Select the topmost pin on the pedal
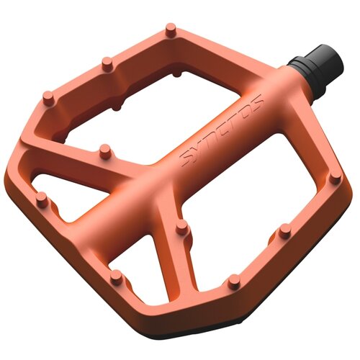171,30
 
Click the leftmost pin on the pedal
42,199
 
